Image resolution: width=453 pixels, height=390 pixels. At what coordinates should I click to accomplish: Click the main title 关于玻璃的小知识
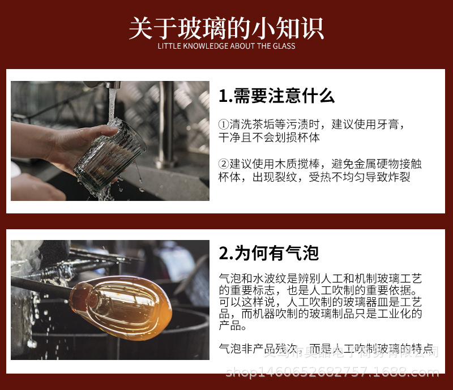click(226, 27)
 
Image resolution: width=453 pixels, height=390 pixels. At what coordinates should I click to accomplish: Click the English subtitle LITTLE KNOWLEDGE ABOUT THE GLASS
click(226, 46)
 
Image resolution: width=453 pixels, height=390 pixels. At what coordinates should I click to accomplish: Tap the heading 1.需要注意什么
click(276, 96)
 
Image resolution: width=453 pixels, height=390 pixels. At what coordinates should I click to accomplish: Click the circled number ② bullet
click(224, 164)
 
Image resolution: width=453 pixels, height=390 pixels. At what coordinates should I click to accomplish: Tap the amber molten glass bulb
click(130, 303)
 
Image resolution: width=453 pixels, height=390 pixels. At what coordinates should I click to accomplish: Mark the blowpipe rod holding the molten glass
click(40, 285)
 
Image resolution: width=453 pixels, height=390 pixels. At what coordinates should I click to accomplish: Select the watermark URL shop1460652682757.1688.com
click(332, 372)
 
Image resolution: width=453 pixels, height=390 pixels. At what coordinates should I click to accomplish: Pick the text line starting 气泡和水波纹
click(320, 278)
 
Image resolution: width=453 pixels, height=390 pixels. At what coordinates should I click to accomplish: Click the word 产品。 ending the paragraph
click(233, 326)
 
